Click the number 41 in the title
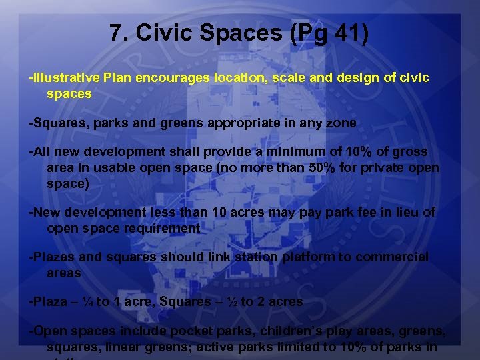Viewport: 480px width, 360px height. [x=341, y=33]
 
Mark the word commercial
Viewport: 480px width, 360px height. [x=392, y=257]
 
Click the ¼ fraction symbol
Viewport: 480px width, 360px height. [x=87, y=302]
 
